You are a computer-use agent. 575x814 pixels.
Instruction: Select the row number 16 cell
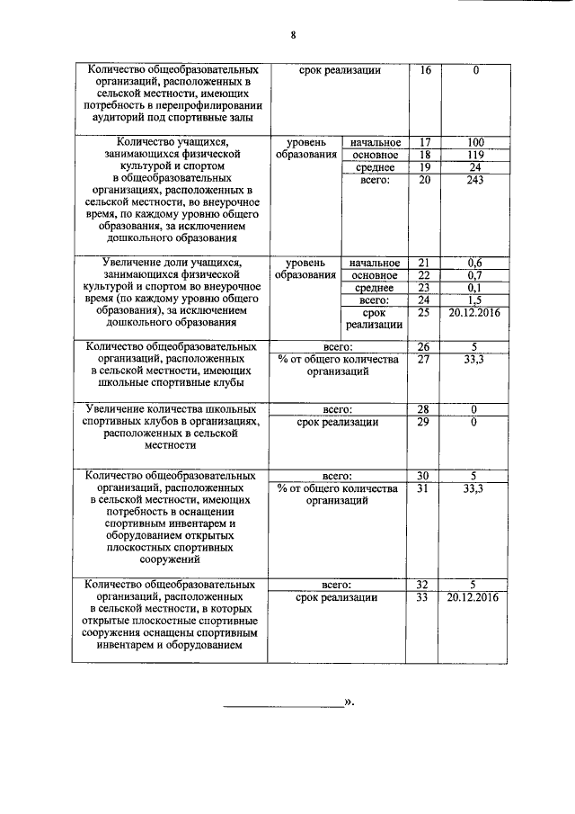(425, 70)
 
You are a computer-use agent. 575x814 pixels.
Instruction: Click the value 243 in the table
(476, 181)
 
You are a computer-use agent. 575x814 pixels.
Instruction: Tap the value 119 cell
(476, 156)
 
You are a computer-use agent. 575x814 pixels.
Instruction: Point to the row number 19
(425, 168)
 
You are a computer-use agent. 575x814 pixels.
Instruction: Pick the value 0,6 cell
(476, 263)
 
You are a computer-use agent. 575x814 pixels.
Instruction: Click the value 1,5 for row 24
(476, 300)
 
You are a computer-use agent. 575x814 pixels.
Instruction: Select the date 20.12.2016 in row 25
(476, 313)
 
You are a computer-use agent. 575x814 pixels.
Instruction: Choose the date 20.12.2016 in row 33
(476, 596)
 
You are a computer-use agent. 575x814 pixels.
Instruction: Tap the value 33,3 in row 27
(476, 359)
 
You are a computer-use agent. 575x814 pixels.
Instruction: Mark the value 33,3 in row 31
(476, 488)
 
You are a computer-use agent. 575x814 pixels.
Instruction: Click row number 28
(425, 410)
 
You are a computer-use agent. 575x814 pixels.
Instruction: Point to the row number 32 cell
(425, 584)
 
